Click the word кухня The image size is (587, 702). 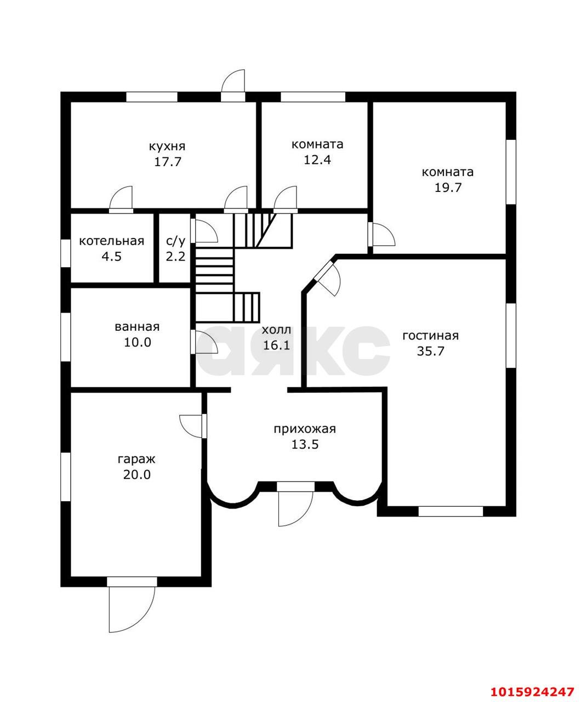click(167, 147)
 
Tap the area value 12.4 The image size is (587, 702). click(317, 160)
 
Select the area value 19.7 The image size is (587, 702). click(448, 188)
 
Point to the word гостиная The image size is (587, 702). click(430, 336)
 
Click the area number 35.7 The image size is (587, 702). click(430, 351)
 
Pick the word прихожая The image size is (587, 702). click(305, 429)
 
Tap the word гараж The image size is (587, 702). click(136, 459)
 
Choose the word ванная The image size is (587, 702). click(137, 327)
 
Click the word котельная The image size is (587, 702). click(112, 241)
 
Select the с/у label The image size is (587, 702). click(175, 241)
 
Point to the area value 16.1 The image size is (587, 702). click(276, 346)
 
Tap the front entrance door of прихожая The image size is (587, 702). click(295, 508)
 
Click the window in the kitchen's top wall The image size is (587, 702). click(151, 97)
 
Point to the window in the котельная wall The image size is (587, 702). click(65, 253)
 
